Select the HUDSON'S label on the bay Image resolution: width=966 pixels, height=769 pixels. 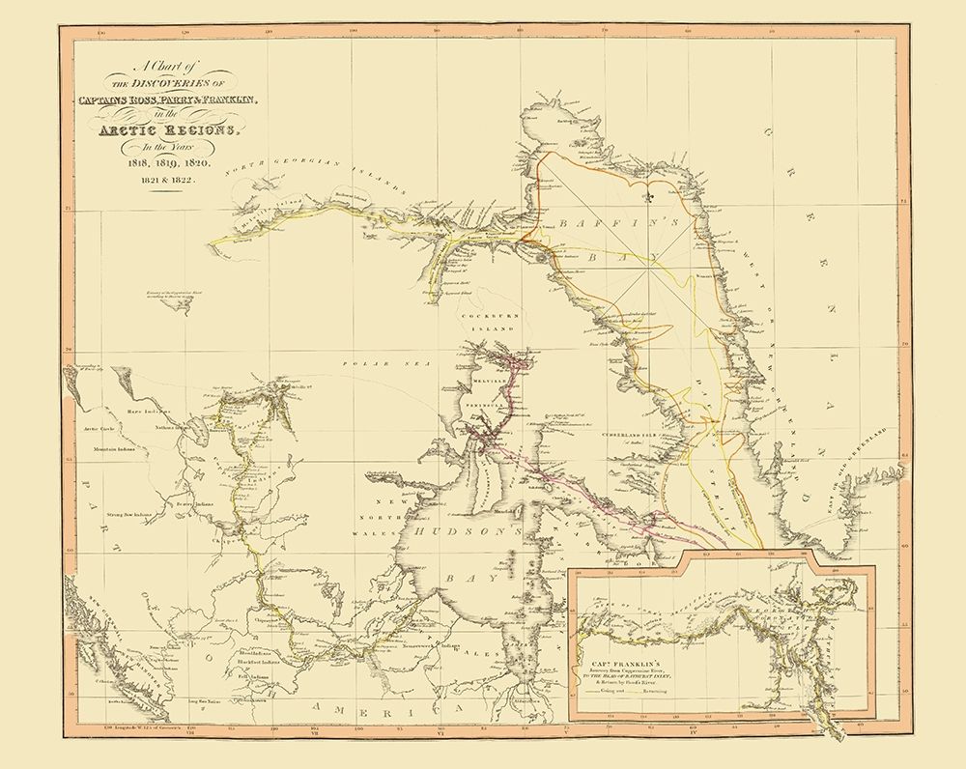[470, 531]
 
